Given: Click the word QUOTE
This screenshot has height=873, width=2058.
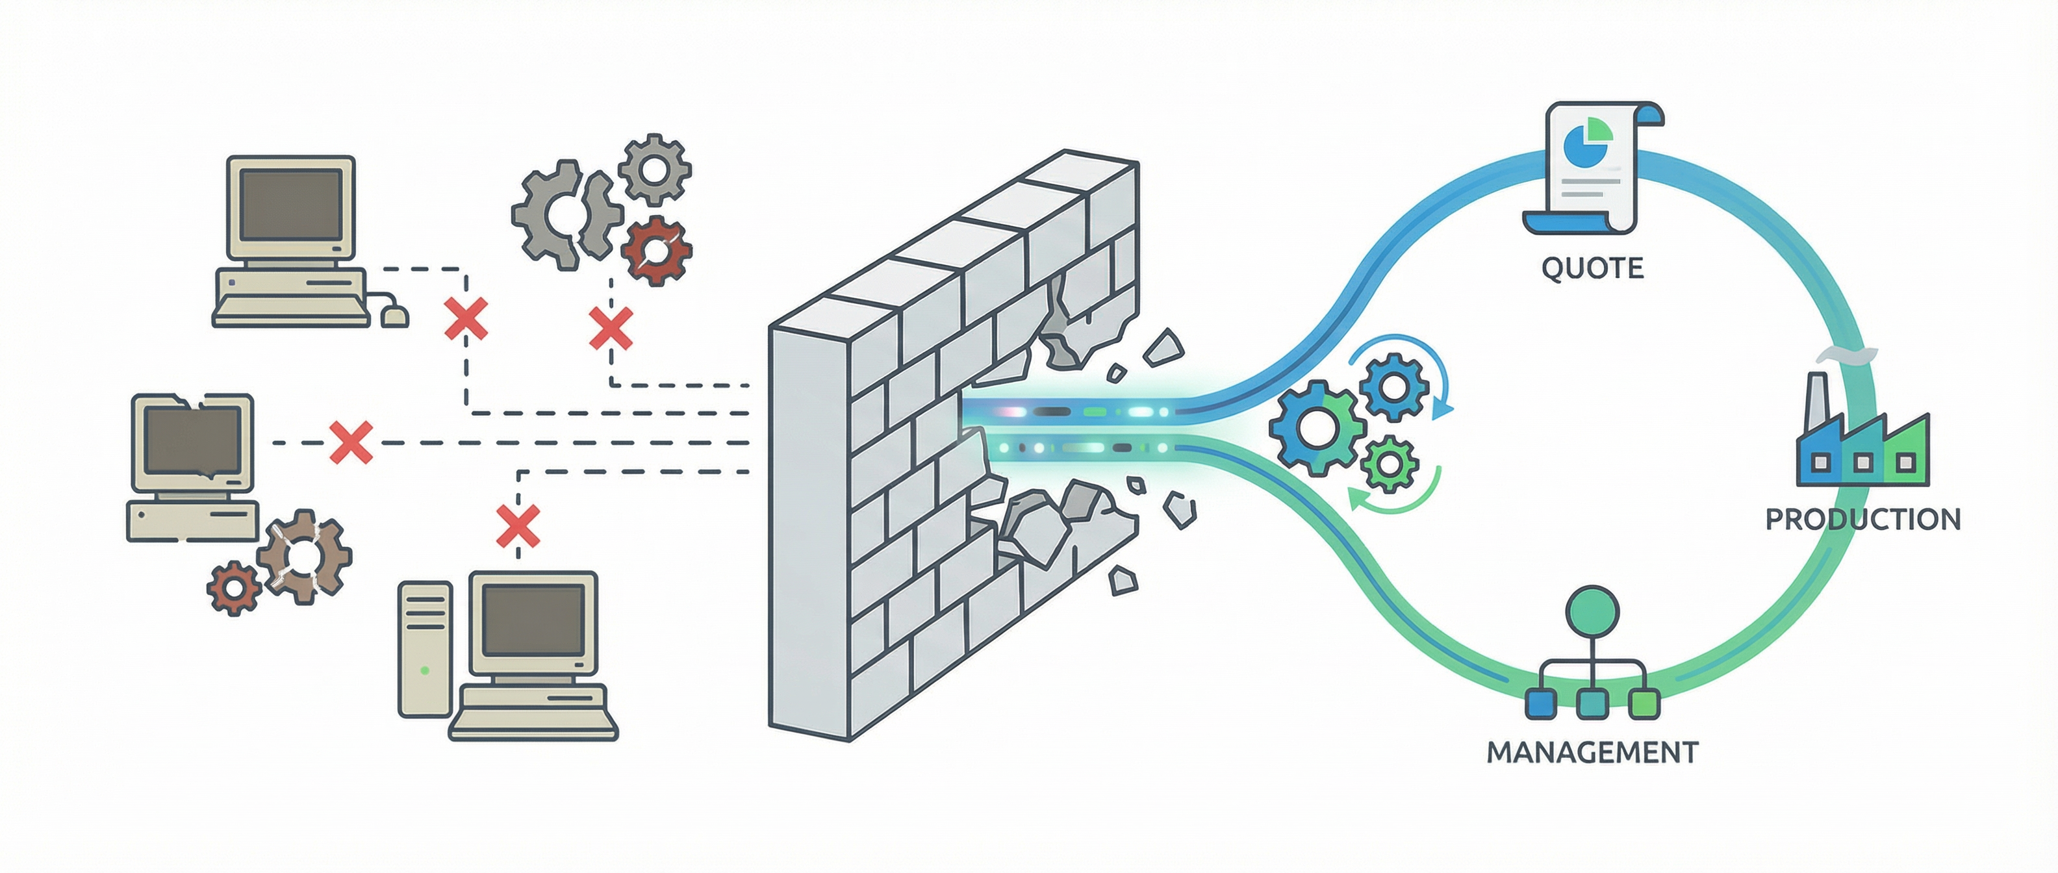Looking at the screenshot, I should [x=1592, y=268].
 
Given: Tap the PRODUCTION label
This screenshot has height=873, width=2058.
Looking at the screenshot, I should [x=1862, y=520].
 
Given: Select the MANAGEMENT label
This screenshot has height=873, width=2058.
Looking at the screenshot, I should [x=1592, y=752].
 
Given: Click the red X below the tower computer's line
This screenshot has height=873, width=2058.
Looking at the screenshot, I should [x=518, y=525].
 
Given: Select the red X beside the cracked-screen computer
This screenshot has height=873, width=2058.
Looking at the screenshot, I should [x=351, y=442].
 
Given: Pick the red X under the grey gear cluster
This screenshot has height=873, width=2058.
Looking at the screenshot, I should [x=611, y=328].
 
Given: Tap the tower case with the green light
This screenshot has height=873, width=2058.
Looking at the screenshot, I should [x=425, y=648].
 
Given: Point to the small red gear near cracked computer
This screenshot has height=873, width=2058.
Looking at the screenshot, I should [x=234, y=588].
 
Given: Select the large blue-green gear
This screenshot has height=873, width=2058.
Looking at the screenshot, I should [x=1314, y=428].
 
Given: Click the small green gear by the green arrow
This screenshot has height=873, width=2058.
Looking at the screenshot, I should [x=1390, y=463].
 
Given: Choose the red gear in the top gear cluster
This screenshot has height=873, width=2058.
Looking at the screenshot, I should [x=656, y=251].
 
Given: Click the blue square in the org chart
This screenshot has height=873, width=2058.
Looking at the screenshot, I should [x=1541, y=703].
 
